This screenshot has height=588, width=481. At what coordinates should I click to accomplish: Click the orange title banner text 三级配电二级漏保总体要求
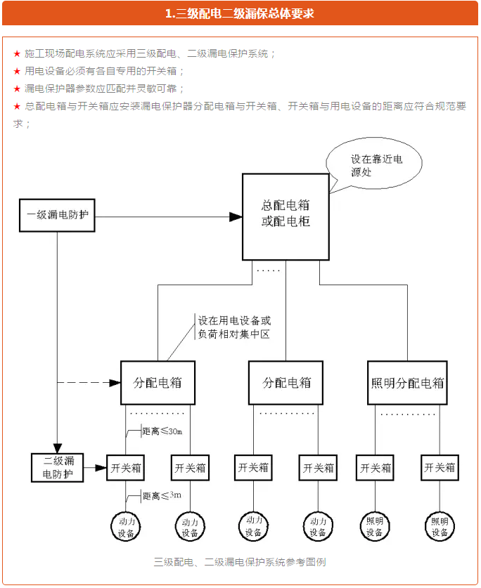coord(240,13)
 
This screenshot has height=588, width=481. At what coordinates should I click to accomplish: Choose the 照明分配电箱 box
coord(408,383)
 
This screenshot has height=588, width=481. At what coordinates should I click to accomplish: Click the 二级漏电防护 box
coord(58,468)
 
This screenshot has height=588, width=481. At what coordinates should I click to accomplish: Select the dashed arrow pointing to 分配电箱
coord(88,383)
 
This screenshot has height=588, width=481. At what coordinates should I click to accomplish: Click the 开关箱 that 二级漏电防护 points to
coord(126,467)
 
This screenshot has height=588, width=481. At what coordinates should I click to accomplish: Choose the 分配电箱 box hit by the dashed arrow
coord(157,383)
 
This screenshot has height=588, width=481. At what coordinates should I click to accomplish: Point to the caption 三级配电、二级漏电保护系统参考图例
coord(239,562)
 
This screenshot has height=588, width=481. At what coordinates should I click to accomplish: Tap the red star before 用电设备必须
coord(17,72)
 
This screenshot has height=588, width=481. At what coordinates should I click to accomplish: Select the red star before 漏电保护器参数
coord(17,89)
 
